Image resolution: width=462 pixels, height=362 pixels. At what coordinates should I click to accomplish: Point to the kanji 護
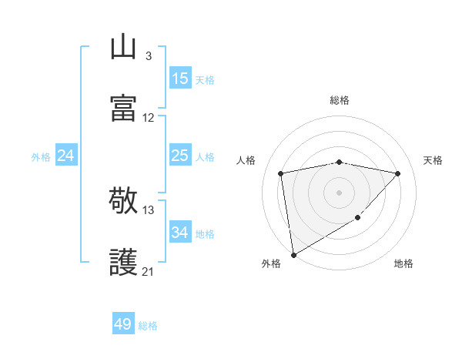click(x=124, y=263)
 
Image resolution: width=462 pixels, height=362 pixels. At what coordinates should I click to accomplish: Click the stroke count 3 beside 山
click(x=148, y=55)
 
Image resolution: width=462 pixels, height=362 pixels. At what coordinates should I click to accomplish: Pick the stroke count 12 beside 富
click(x=149, y=118)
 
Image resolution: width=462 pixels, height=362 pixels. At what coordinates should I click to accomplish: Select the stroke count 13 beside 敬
click(x=149, y=209)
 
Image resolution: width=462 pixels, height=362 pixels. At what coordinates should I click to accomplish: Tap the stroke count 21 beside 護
click(x=149, y=271)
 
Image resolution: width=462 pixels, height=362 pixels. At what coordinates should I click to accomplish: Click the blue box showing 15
click(x=179, y=79)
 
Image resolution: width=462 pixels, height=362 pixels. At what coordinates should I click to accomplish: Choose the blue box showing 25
click(x=179, y=156)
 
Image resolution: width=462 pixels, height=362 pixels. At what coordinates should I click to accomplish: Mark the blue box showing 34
click(x=179, y=233)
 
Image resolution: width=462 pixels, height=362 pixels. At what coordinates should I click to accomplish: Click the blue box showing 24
click(x=65, y=156)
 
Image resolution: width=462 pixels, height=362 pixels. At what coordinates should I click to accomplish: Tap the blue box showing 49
click(x=123, y=324)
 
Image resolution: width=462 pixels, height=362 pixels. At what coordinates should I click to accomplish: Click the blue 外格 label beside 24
click(x=41, y=156)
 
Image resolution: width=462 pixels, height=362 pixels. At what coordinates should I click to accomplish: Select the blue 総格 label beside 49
click(x=148, y=326)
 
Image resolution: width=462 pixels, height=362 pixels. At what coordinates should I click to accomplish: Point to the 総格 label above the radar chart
click(x=340, y=100)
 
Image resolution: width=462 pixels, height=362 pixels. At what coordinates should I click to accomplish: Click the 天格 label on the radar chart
click(x=433, y=160)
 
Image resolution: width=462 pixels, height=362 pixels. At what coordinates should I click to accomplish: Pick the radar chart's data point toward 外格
click(x=293, y=254)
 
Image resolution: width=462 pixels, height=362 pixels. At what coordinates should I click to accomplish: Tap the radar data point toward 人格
click(x=281, y=173)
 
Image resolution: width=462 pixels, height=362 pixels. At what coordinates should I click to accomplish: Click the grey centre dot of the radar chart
click(x=339, y=192)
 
